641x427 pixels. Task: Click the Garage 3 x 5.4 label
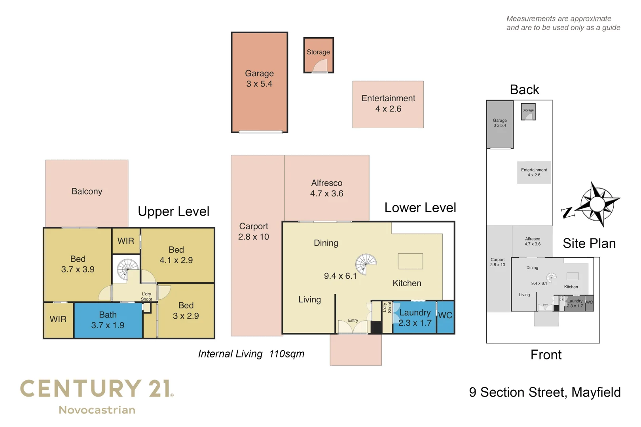pos(259,79)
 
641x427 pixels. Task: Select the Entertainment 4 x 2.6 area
pos(388,104)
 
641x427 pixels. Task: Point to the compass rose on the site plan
pos(597,204)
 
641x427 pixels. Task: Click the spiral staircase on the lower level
pos(366,264)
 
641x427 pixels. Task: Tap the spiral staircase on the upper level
pos(127,269)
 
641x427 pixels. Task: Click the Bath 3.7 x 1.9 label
pos(108,320)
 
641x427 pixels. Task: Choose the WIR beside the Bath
pos(58,319)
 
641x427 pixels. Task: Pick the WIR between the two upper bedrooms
pos(126,241)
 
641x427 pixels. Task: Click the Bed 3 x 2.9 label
pos(186,311)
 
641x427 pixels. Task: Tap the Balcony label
pos(87,191)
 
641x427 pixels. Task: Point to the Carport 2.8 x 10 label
pos(254,232)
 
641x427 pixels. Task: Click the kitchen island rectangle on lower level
pos(410,261)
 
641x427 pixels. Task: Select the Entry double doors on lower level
pos(353,327)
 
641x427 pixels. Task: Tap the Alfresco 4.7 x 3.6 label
pos(326,188)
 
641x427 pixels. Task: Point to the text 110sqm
pos(287,354)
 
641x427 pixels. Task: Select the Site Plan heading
pos(589,244)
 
